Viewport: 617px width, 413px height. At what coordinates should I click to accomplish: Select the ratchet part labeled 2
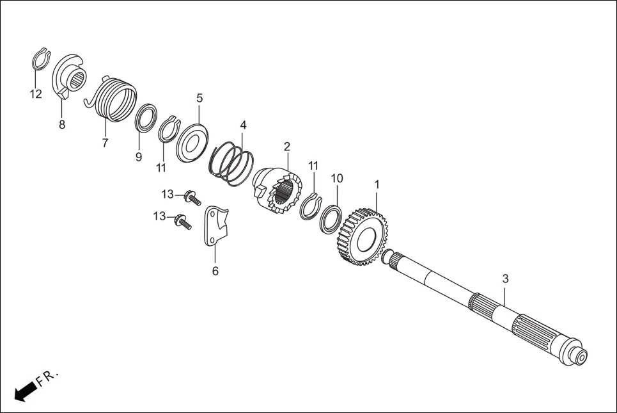277,190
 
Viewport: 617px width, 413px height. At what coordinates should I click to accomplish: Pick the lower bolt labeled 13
183,222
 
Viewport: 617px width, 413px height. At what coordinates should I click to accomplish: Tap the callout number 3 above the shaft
505,279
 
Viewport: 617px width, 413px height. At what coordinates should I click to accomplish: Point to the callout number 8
62,125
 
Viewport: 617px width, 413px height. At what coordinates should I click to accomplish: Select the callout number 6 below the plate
215,271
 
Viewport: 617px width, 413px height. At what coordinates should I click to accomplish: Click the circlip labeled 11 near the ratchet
311,206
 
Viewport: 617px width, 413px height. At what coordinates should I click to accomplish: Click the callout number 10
337,177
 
